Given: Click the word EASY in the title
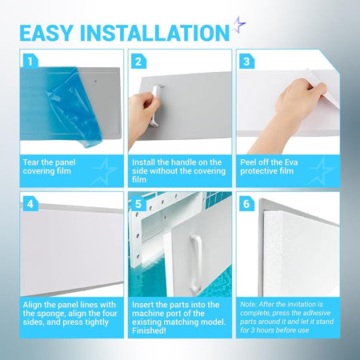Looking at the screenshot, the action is click(46, 33).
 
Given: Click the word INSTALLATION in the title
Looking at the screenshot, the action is click(154, 33).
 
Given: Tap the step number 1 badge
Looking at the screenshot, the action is click(30, 62).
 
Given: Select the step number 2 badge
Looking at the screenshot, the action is click(138, 62).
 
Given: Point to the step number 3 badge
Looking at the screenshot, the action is click(246, 62).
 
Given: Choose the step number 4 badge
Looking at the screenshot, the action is click(30, 204).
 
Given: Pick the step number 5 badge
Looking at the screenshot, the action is click(138, 204).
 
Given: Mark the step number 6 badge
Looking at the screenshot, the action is click(246, 204).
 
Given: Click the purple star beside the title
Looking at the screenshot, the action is click(238, 25).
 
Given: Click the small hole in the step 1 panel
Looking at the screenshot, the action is click(96, 80).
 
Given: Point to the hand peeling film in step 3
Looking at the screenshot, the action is click(294, 112).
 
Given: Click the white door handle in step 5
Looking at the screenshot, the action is click(195, 263).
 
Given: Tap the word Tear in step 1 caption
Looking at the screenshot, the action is click(31, 162).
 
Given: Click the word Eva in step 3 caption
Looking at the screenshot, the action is click(291, 162).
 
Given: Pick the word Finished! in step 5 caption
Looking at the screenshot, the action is click(149, 330).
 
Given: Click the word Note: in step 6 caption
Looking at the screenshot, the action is click(248, 305).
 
